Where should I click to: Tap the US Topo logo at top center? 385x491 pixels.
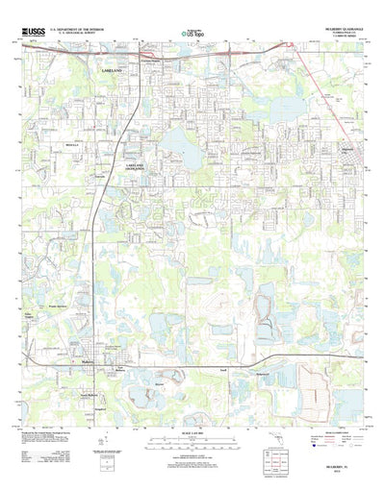click(192, 35)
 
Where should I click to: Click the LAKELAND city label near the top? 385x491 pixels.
click(115, 71)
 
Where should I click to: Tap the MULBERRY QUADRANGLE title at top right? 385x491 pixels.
click(331, 29)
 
